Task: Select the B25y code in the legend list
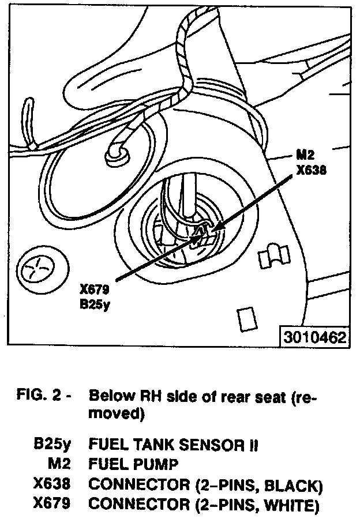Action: (x=52, y=445)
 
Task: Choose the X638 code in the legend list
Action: (x=52, y=485)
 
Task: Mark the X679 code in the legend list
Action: (x=52, y=505)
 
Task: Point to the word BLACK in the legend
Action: (x=294, y=485)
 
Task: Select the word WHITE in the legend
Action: (x=292, y=505)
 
